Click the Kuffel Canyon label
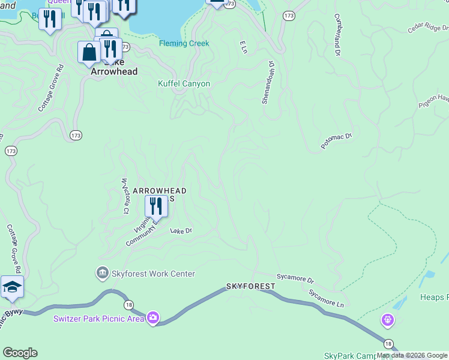coord(184,83)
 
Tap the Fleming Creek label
coord(184,43)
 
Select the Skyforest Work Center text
coord(152,274)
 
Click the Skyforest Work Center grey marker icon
coord(103,274)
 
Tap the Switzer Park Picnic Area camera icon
coord(153,318)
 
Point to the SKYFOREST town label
coord(250,287)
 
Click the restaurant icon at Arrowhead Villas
coord(156,206)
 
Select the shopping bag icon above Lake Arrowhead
coord(89,52)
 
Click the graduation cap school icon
coord(12,287)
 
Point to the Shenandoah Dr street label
coord(267,82)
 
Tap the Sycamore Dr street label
coord(295,279)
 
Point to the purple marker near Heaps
coord(388,320)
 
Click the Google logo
coord(20,353)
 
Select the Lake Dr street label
coord(181,230)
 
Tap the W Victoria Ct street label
coord(125,196)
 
